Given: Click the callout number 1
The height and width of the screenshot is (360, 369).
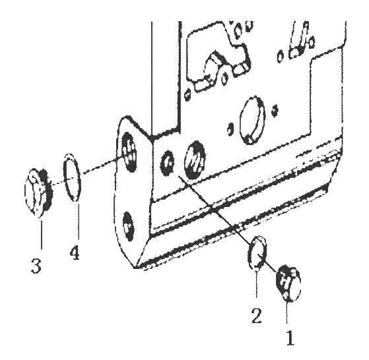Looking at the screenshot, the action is tap(290, 338).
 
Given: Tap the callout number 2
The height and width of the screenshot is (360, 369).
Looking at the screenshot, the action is tap(256, 316).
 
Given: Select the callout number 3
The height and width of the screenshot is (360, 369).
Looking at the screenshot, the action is tap(36, 265).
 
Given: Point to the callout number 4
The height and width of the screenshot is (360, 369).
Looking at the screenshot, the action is tap(75, 252).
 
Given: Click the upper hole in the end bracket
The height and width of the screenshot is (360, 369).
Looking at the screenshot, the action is tap(129, 152).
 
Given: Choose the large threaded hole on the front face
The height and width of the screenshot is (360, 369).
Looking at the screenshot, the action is tap(194, 160).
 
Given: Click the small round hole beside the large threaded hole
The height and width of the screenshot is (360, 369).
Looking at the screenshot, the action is tap(167, 162).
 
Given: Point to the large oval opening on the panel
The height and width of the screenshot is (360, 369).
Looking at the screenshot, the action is tap(252, 120).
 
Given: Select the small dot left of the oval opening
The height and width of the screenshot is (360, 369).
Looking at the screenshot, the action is tap(230, 129).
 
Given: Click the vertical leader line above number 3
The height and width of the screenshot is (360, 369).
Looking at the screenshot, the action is tap(42, 232).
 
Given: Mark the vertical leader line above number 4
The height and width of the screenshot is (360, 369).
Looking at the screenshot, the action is tap(79, 222).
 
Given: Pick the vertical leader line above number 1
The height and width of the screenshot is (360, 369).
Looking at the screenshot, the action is tap(287, 314).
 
